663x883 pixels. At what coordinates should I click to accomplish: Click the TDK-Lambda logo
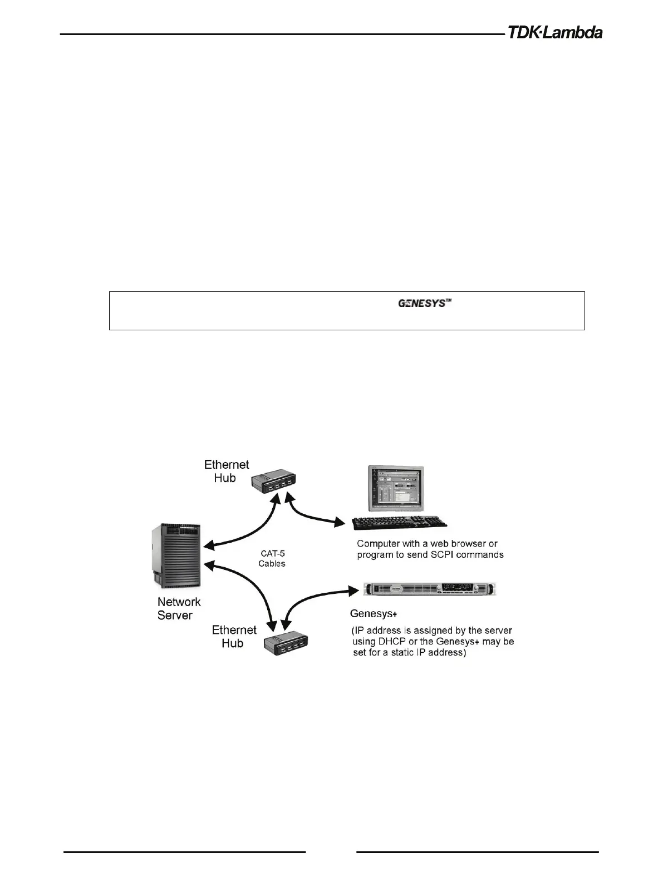point(554,32)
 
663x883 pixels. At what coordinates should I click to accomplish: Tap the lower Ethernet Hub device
point(286,645)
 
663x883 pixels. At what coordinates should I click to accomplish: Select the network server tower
point(176,555)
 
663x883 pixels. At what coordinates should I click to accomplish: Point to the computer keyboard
point(400,523)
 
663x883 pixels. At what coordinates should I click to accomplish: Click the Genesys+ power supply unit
point(429,589)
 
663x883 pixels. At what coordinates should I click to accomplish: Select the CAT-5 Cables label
point(272,558)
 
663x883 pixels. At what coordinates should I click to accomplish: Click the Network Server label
point(179,608)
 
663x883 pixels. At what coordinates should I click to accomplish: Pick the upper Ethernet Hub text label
point(226,471)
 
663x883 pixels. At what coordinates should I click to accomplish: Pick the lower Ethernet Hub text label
point(234,636)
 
